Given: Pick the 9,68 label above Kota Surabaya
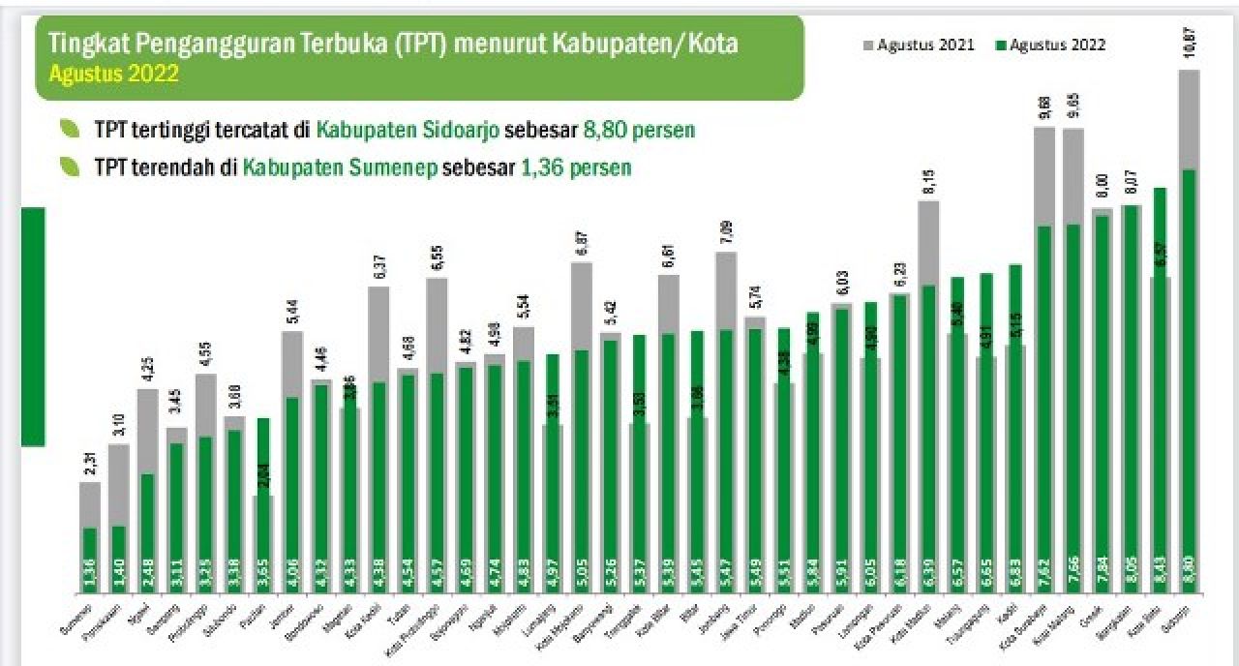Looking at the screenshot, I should (x=1044, y=108).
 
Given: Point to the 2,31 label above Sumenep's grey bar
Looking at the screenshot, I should (x=90, y=465).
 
